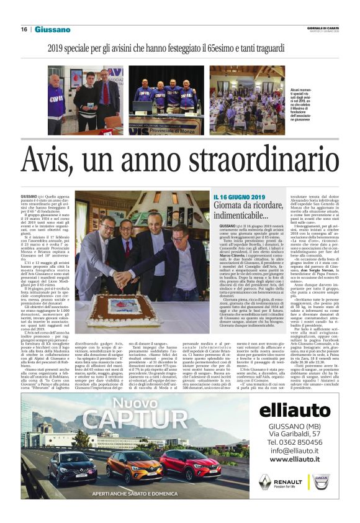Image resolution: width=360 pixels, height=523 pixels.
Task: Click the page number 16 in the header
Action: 23,29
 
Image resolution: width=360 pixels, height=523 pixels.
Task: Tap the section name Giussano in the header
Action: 52,29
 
